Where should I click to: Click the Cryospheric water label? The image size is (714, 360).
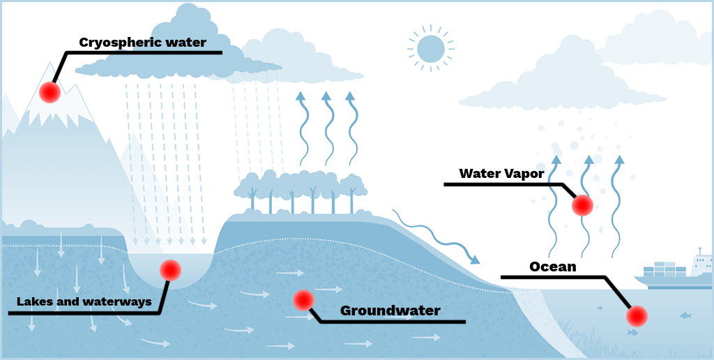pyautogui.click(x=142, y=43)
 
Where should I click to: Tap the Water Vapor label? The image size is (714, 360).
pyautogui.click(x=501, y=174)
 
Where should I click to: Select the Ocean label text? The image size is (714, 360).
pyautogui.click(x=553, y=267)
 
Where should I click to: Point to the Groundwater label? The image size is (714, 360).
pyautogui.click(x=390, y=310)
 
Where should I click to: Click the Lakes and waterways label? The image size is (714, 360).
pyautogui.click(x=84, y=302)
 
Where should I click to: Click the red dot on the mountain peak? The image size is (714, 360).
pyautogui.click(x=50, y=92)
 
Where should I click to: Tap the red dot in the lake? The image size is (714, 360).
pyautogui.click(x=170, y=270)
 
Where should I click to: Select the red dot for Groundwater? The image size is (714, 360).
pyautogui.click(x=303, y=300)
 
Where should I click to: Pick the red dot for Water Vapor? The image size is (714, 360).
pyautogui.click(x=582, y=205)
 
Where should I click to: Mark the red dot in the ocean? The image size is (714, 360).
pyautogui.click(x=636, y=317)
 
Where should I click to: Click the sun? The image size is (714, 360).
pyautogui.click(x=430, y=48)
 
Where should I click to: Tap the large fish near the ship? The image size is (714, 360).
pyautogui.click(x=685, y=315)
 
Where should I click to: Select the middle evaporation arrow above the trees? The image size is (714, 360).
pyautogui.click(x=327, y=126)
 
